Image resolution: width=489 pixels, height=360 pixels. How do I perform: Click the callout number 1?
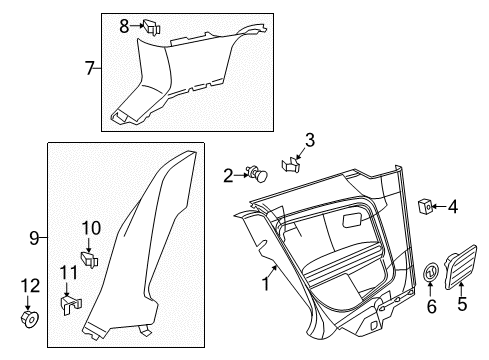click(x=265, y=284)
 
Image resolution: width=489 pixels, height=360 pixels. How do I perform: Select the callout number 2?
click(x=228, y=176)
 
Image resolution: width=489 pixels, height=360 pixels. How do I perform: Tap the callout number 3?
click(x=310, y=140)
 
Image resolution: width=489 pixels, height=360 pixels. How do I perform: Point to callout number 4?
click(x=453, y=207)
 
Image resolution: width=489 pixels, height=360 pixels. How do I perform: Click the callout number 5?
click(x=462, y=304)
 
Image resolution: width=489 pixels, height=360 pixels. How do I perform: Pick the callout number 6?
click(x=431, y=306)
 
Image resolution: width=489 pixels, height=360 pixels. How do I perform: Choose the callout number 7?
click(x=90, y=68)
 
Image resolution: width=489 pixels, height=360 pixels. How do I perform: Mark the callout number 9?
click(x=34, y=238)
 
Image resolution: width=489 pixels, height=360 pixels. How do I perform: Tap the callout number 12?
click(x=30, y=286)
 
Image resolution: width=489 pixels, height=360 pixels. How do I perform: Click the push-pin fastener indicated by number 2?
click(x=258, y=174)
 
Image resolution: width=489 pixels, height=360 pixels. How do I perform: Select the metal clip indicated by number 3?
click(x=290, y=165)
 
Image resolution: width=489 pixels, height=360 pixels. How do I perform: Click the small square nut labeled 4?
click(x=426, y=206)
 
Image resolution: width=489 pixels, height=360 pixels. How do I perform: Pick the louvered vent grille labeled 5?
click(x=461, y=267)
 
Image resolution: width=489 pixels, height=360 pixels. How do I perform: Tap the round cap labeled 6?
click(x=431, y=271)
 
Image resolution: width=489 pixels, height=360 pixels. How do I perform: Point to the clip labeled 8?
click(x=152, y=27)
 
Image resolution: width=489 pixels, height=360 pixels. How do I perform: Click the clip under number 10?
click(x=90, y=260)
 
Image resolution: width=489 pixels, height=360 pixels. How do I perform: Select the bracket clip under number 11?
click(x=71, y=304)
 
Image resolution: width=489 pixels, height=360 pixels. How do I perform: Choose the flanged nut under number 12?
click(x=30, y=319)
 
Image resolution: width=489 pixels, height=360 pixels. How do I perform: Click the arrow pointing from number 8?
click(x=137, y=25)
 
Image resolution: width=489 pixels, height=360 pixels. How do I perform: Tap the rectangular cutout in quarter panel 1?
click(x=354, y=220)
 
